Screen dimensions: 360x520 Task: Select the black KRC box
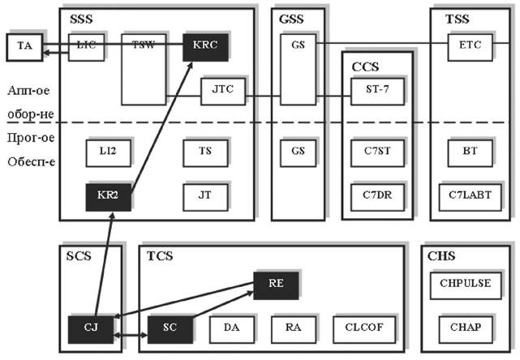(x=204, y=45)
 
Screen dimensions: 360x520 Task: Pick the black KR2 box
(x=108, y=197)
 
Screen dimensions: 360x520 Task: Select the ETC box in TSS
(x=470, y=45)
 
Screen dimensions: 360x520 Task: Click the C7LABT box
(x=470, y=195)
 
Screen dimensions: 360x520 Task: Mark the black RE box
(x=276, y=284)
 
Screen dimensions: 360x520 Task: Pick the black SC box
(x=169, y=329)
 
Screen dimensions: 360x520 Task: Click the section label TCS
(x=159, y=256)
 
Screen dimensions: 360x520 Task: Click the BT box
(x=470, y=152)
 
